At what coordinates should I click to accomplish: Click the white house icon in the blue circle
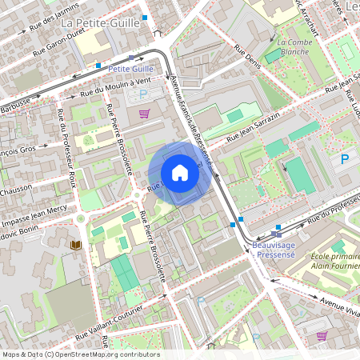point(180,172)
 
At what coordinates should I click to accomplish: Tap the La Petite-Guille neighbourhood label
point(100,22)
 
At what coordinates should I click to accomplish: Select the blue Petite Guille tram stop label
point(130,69)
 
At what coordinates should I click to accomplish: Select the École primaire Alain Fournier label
point(334,262)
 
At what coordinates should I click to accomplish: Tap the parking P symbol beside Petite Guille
point(145,94)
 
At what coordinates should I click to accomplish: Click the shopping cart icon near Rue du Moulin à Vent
point(144,114)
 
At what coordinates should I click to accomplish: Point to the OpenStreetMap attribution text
point(80,354)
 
